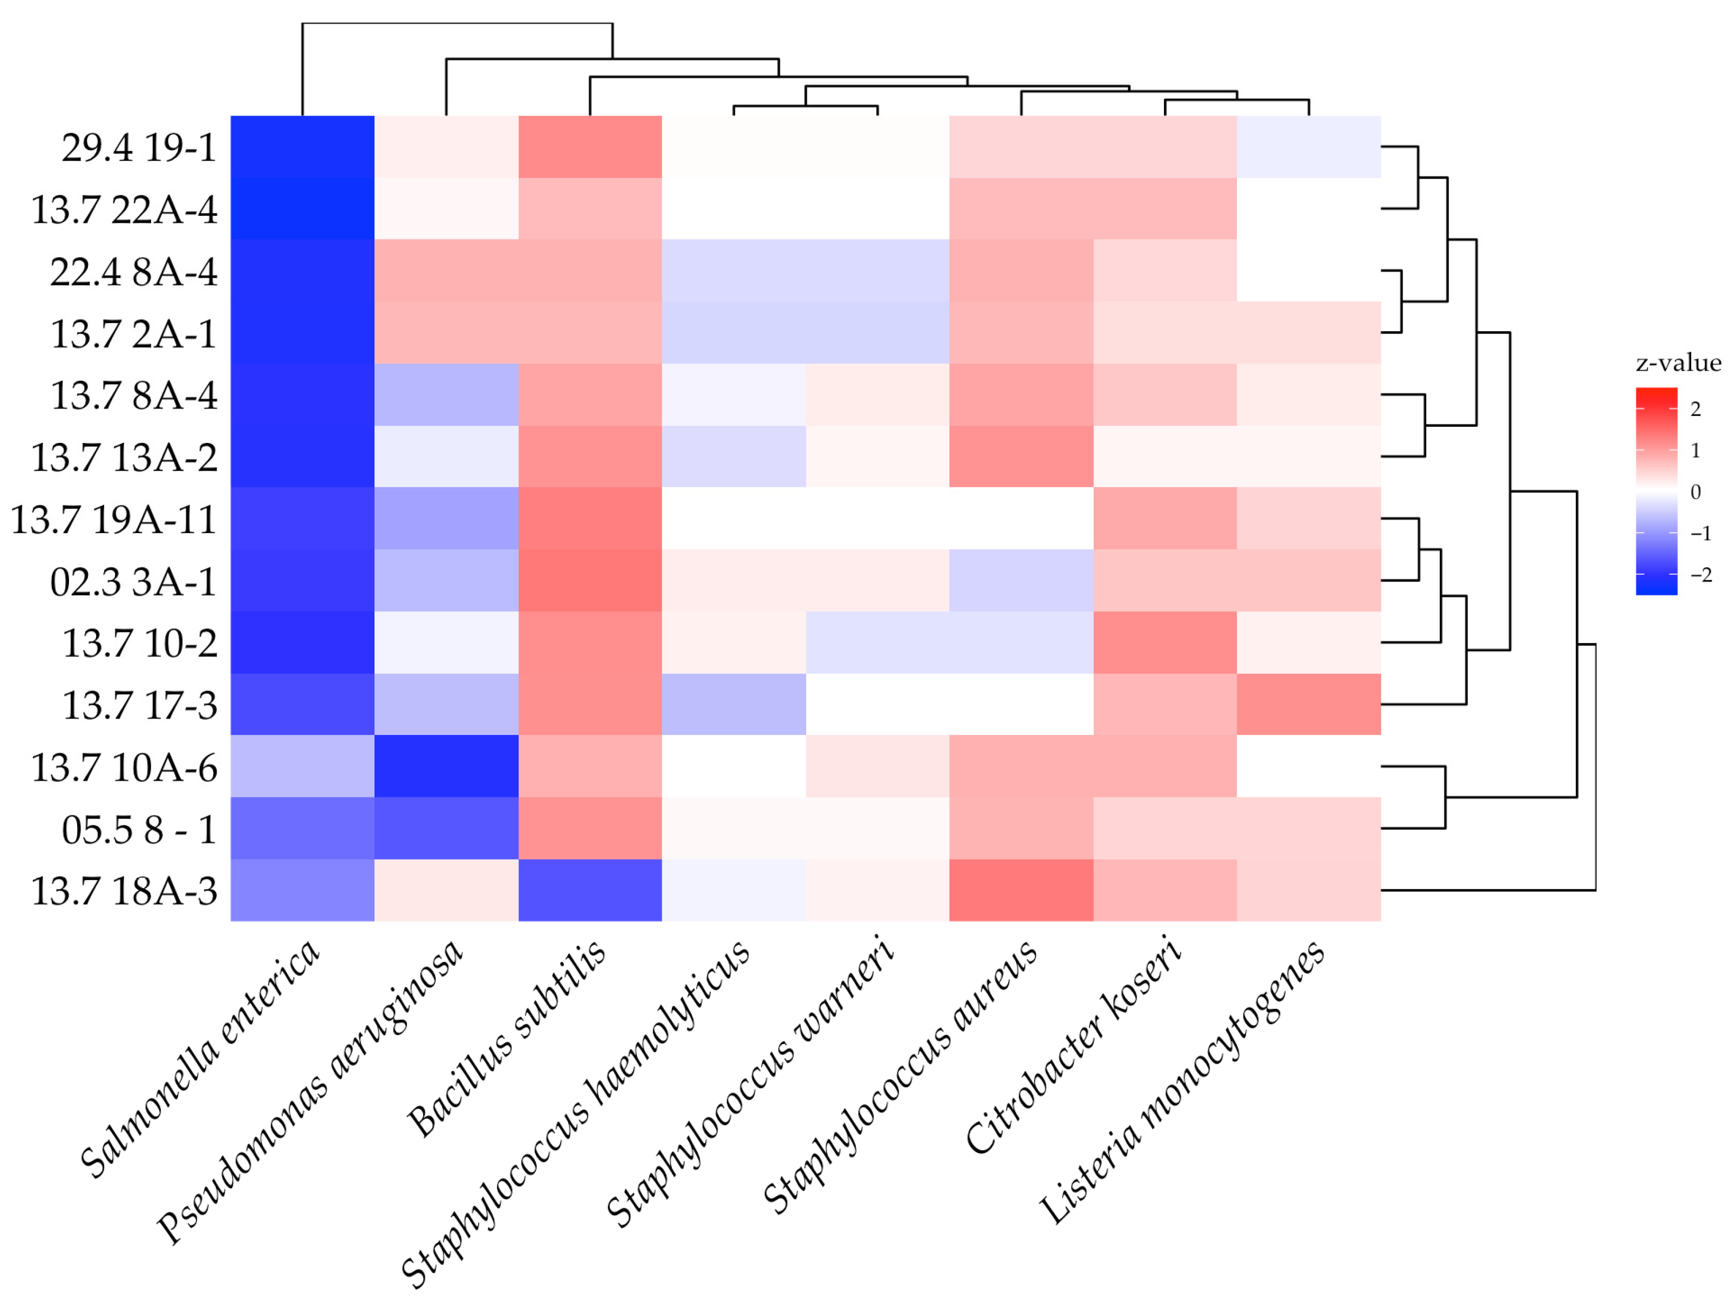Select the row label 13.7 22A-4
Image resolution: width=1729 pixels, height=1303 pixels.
124,209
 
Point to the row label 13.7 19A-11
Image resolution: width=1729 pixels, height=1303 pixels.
113,520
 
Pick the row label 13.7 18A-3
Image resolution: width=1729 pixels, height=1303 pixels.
124,891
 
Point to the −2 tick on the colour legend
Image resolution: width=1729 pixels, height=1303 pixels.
1700,575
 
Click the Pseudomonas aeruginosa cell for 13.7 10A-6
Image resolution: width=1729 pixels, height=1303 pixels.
446,766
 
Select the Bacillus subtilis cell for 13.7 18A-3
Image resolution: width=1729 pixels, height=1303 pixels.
590,890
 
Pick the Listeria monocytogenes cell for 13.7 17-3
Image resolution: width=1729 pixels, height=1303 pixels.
1309,704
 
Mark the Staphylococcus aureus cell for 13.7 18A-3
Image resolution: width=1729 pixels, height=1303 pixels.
1021,890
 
